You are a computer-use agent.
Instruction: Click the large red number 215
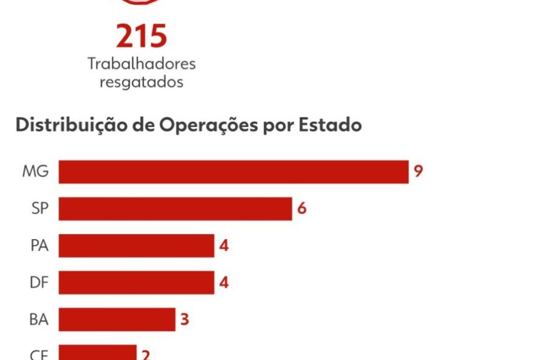coord(141,36)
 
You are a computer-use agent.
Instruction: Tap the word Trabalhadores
coord(141,63)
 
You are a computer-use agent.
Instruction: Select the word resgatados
coord(141,82)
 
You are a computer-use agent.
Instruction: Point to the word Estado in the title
coord(330,125)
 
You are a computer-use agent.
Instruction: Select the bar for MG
coord(233,171)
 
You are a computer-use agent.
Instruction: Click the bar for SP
coord(175,209)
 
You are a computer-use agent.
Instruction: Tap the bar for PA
coord(136,246)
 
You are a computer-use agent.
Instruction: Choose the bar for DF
coord(136,282)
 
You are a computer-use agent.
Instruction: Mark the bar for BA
coord(117,319)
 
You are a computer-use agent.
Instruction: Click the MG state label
coord(35,171)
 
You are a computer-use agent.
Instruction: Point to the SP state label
coord(39,209)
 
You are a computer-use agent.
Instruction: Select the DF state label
coord(39,282)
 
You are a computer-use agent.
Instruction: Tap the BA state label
coord(39,319)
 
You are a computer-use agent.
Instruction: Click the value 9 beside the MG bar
coord(418,171)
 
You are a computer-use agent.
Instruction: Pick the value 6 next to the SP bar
coord(302,209)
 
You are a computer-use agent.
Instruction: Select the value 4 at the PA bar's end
coord(224,246)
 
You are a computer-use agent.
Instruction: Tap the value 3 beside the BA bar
coord(185,319)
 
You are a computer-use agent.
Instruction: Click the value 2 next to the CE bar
coord(146,354)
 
